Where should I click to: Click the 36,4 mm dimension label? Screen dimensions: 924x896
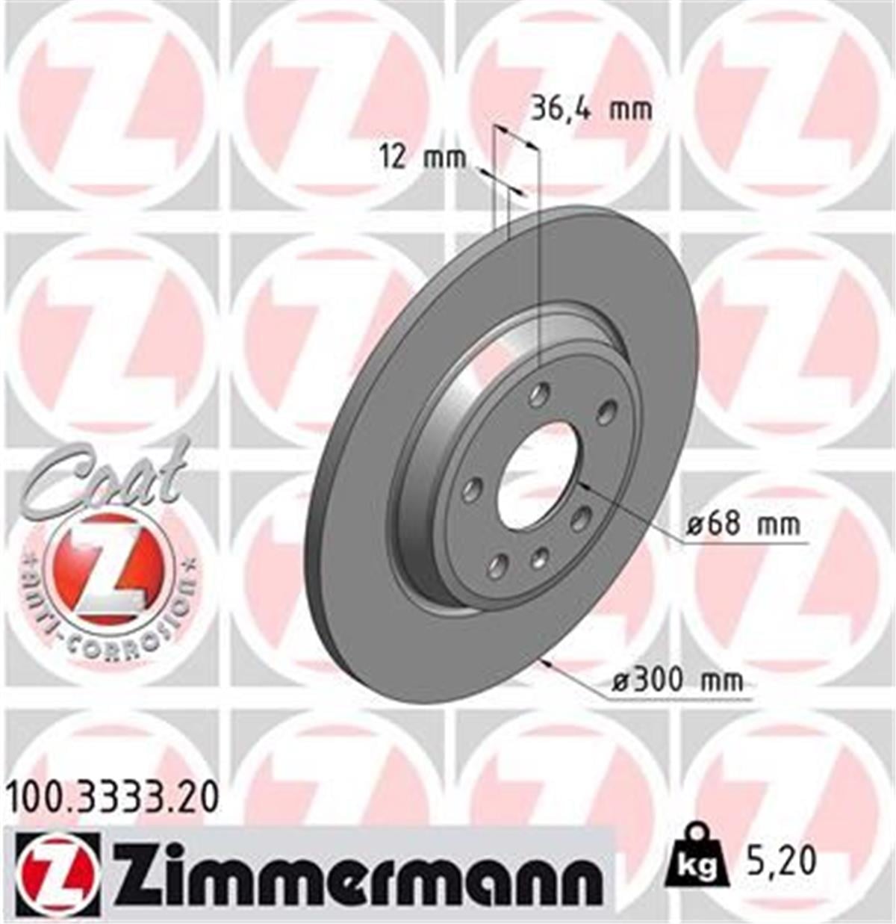(591, 109)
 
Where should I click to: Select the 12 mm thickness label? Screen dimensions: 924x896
(422, 158)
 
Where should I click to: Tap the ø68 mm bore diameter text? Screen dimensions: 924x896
(743, 524)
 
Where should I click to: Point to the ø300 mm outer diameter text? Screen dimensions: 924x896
(677, 680)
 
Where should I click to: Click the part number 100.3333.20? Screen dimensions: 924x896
(113, 799)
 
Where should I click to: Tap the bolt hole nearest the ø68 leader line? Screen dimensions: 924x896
(579, 518)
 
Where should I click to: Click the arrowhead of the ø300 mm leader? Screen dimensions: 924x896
(549, 663)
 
